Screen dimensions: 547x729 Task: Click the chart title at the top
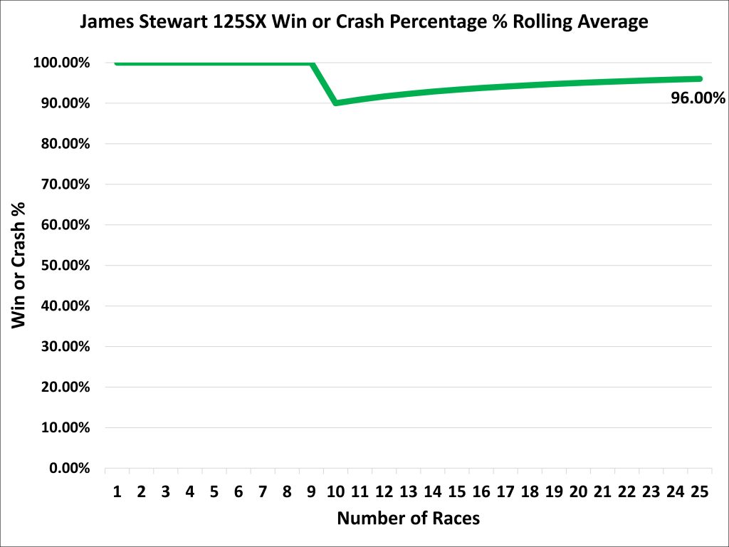[364, 22]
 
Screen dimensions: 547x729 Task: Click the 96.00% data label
[698, 98]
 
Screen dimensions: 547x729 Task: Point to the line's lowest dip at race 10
[335, 103]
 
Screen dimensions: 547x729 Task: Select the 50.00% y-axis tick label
[63, 266]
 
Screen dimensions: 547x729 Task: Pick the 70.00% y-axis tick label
[63, 184]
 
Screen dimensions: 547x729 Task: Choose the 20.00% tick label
[63, 387]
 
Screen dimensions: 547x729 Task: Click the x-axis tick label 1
[117, 491]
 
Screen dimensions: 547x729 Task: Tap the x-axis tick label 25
[699, 491]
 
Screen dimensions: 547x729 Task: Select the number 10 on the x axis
[335, 491]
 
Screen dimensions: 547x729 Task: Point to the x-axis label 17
[505, 491]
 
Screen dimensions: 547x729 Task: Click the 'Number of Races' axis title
[408, 519]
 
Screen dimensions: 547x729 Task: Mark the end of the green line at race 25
[699, 78]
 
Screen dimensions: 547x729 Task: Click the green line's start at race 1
[117, 63]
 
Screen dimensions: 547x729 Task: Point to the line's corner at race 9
[312, 63]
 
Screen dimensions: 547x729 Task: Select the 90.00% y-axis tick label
[63, 103]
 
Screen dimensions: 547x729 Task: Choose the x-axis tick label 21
[602, 491]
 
